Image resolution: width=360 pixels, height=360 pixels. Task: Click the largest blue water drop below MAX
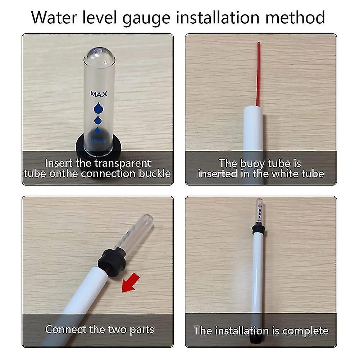98,107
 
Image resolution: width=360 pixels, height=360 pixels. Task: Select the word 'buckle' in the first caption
155,173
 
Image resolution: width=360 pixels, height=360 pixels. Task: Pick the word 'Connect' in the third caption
66,329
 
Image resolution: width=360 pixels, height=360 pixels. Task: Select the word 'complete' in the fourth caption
306,331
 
